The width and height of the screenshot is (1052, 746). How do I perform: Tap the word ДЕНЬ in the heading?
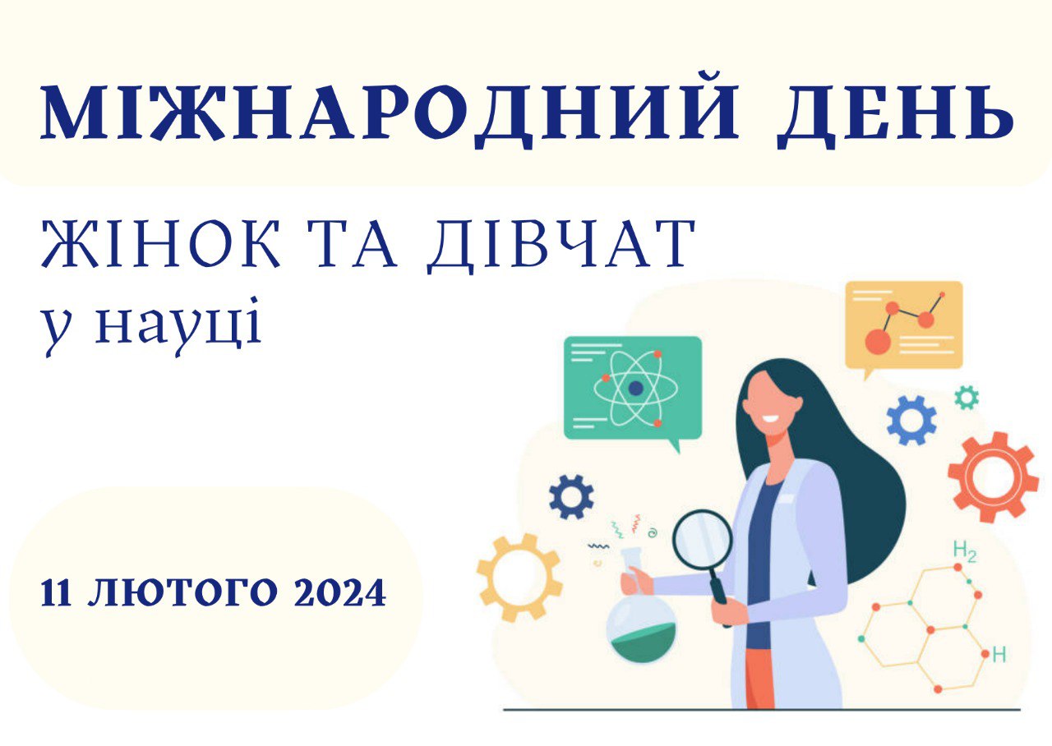895,117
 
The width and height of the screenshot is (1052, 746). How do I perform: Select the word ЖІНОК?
161,244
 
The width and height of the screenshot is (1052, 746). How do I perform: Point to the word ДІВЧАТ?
561,246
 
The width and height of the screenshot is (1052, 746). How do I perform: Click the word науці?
178,323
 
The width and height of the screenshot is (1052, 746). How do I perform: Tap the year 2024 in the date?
339,593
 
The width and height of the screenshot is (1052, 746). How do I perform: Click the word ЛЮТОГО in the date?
182,593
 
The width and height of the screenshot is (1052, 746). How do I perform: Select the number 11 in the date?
56,593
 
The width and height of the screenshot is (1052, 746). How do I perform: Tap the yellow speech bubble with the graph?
903,326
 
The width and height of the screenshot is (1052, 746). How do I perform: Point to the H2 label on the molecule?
965,550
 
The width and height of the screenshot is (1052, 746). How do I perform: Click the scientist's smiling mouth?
769,418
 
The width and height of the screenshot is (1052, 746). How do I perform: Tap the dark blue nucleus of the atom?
636,389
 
